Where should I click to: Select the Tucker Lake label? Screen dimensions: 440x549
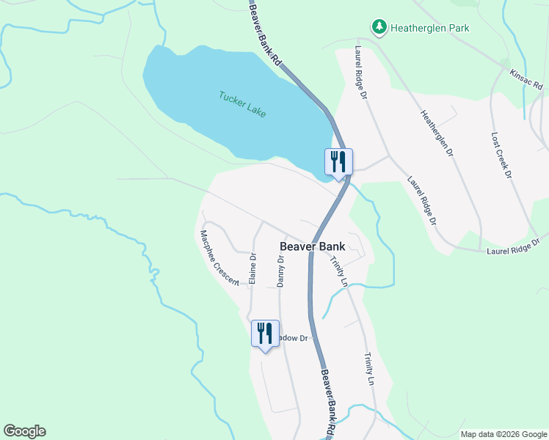(242, 104)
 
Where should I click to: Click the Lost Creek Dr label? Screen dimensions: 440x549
(501, 155)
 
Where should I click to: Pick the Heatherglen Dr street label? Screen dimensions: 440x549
(437, 135)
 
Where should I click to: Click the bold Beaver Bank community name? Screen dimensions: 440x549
(313, 246)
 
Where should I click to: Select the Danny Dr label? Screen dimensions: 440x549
(280, 271)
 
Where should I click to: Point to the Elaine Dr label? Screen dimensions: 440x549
(252, 268)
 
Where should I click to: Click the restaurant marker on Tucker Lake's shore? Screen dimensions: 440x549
(338, 161)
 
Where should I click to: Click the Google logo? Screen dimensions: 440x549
(24, 431)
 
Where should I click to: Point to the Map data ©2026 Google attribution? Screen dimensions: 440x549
(503, 434)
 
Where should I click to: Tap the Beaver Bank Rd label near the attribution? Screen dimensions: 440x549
(329, 403)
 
